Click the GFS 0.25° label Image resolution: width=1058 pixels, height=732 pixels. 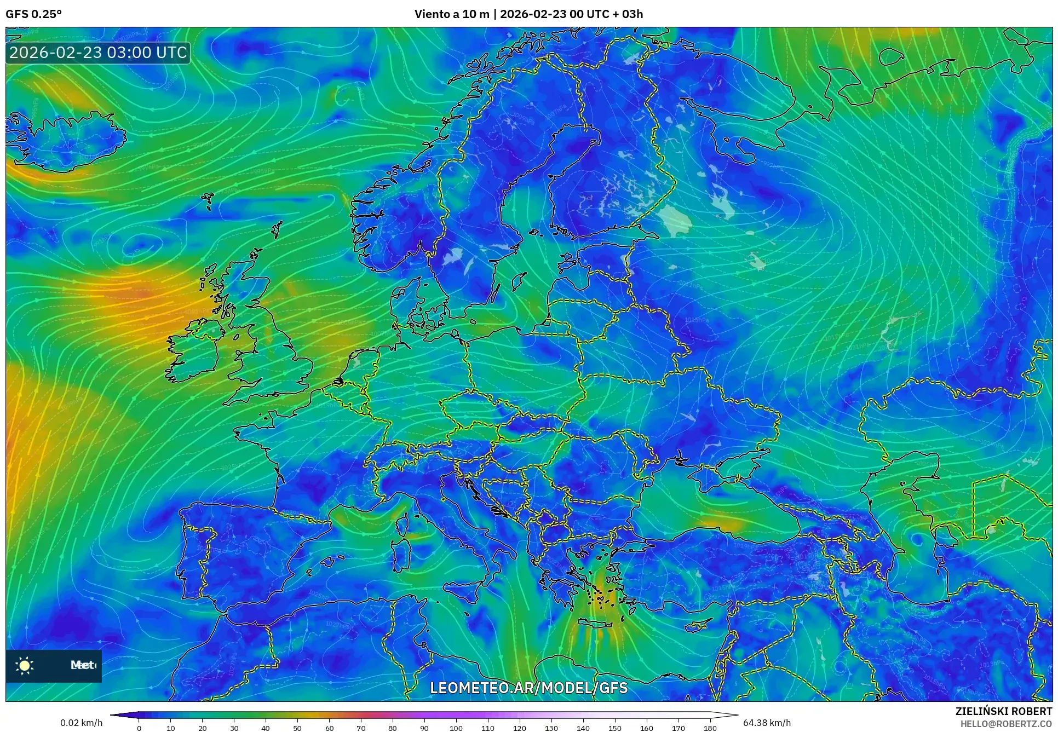[33, 14]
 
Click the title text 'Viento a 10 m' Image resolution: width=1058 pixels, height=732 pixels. [451, 14]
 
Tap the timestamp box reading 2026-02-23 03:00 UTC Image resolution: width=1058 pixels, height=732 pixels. [98, 53]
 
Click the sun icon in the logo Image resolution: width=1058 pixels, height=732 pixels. [25, 666]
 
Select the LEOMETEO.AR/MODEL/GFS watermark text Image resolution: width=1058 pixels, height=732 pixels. [528, 688]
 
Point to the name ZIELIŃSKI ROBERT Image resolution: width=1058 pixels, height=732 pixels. [1003, 711]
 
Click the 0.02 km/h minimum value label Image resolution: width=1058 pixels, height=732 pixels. [81, 723]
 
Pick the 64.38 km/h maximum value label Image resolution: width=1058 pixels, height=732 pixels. [767, 723]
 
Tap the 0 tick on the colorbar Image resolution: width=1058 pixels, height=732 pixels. [139, 728]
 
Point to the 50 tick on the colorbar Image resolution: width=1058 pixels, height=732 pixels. [297, 728]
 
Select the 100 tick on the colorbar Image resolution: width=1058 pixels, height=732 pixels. [456, 728]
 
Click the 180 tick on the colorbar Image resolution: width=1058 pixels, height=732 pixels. [710, 728]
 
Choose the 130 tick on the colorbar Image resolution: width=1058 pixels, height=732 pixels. [551, 728]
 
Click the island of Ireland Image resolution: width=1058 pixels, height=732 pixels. [194, 350]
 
